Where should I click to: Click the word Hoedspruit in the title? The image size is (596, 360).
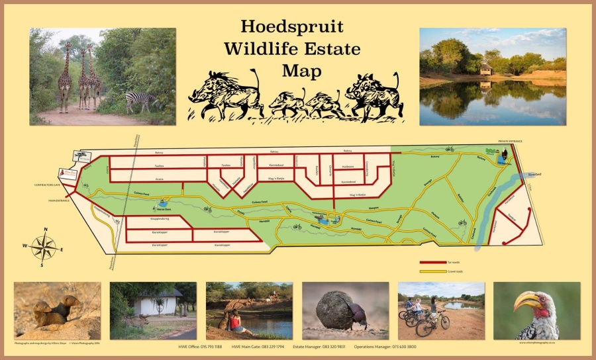coord(292,27)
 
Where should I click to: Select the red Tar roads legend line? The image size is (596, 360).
coord(432,263)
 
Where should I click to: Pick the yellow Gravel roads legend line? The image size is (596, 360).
coord(432,271)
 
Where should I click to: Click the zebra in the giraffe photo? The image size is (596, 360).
coord(141,101)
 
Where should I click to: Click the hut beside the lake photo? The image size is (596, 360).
coord(485,69)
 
